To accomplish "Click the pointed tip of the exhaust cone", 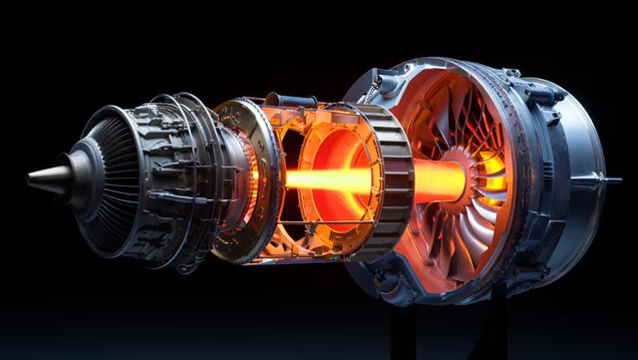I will [30, 180].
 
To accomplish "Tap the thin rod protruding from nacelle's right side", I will [610, 180].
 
